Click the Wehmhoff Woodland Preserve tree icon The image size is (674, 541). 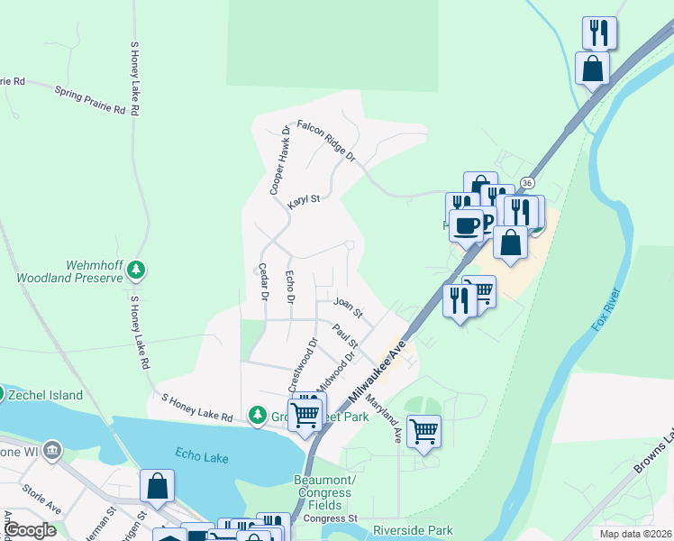pos(136,269)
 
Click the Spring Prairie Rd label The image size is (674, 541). pos(89,100)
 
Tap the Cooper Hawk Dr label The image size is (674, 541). pos(279,160)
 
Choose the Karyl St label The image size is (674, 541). pos(304,201)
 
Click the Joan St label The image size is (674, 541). pos(347,307)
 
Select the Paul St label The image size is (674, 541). pos(345,337)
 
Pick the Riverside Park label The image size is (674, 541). pos(413,530)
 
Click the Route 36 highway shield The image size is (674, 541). pos(528,182)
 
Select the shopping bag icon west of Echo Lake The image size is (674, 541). pos(157,484)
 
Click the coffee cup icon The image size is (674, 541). pos(466,225)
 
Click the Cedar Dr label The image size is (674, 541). pos(264,281)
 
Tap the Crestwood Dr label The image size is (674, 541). pos(302,364)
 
